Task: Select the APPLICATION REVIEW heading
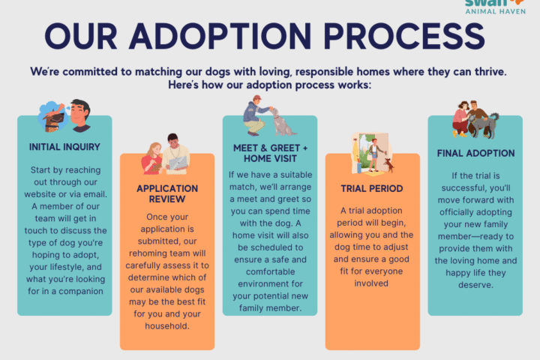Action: [167, 194]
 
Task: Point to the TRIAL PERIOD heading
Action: [372, 189]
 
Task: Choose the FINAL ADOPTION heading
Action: [475, 153]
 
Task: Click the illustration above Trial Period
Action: [373, 153]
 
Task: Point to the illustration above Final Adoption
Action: [473, 117]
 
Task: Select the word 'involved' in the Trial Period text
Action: [372, 284]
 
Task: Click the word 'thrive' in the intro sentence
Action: [485, 72]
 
